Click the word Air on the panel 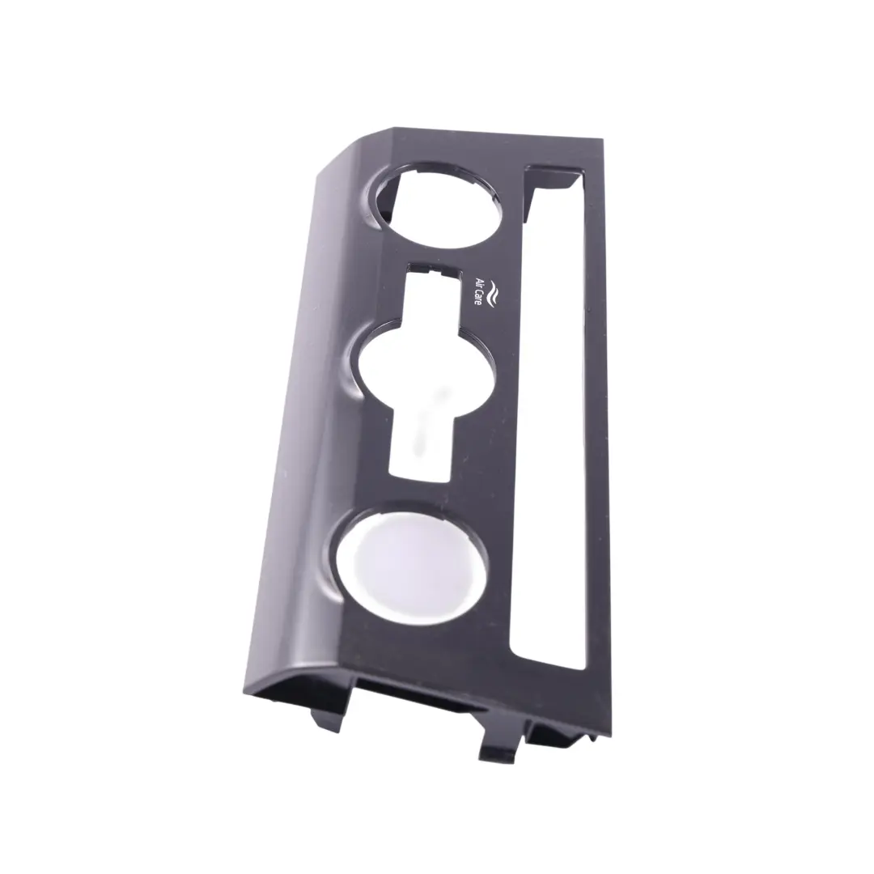coord(478,281)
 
